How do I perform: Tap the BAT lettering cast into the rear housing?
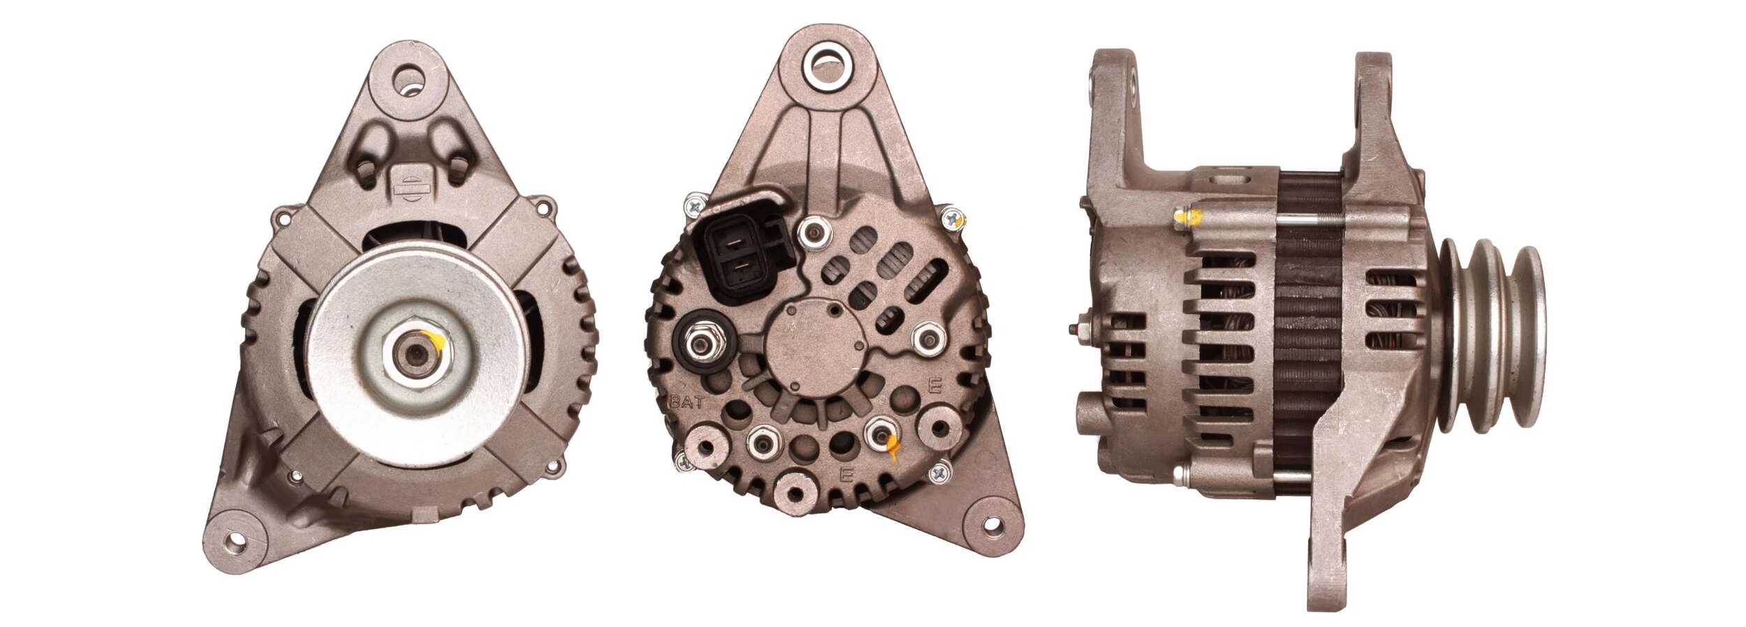tap(689, 402)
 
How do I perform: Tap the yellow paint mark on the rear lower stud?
tap(892, 445)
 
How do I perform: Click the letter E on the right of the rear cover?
tap(934, 385)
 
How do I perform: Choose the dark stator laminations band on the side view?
tap(1309, 335)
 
